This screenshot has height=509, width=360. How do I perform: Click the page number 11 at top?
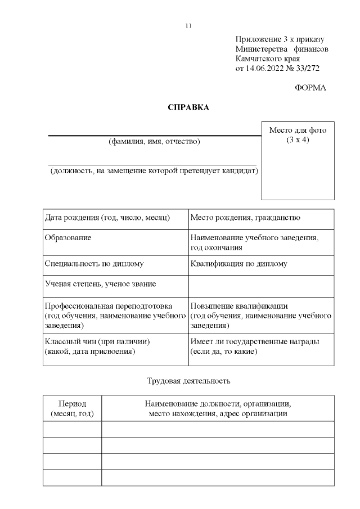[188, 26]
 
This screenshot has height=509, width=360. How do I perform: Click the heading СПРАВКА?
[188, 107]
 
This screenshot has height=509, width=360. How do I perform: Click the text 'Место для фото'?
[298, 130]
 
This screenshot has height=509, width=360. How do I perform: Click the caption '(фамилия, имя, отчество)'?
[154, 141]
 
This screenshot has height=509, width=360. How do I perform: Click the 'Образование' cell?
[68, 238]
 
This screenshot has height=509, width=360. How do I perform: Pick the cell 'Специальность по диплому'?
[94, 263]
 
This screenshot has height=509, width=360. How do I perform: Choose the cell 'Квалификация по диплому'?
[239, 263]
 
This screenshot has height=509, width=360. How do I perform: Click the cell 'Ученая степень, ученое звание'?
[101, 284]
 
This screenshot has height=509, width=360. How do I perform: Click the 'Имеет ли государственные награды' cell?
[255, 341]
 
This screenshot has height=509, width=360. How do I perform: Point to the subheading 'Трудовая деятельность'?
[188, 381]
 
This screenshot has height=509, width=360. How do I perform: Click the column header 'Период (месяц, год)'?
[72, 408]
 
